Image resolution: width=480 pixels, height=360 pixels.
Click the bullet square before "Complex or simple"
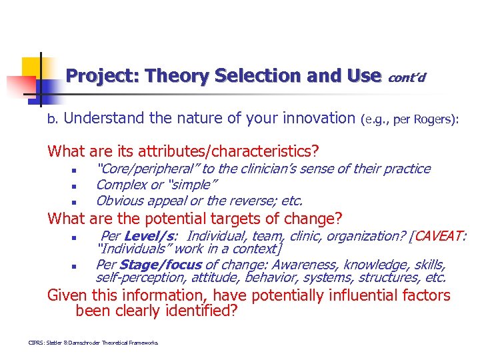(75, 186)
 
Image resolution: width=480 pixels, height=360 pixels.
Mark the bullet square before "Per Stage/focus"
(75, 265)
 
